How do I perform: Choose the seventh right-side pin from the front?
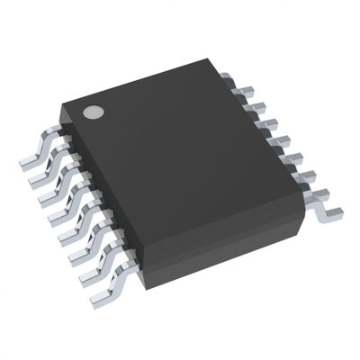[x=256, y=107]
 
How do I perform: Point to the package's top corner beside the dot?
[x=65, y=106]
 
